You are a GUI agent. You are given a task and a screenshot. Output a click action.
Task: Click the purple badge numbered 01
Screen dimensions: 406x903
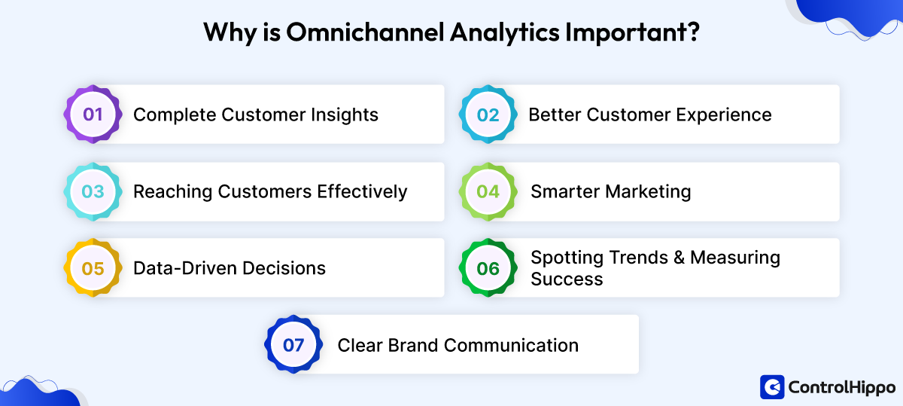click(x=93, y=114)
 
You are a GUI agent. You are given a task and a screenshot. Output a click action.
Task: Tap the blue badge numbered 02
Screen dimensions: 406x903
click(x=488, y=114)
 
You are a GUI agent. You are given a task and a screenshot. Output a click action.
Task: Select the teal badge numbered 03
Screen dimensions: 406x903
click(x=93, y=191)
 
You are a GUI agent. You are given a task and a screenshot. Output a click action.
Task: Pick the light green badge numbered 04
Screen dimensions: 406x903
click(x=488, y=191)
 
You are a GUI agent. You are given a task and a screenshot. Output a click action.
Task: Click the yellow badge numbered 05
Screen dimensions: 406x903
click(x=93, y=268)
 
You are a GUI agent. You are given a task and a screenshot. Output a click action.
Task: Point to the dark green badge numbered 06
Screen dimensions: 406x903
click(x=488, y=268)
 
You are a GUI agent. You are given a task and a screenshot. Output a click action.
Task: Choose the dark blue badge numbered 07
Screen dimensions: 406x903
click(x=293, y=345)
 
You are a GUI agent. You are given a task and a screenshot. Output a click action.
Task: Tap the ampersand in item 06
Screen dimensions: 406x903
click(x=676, y=258)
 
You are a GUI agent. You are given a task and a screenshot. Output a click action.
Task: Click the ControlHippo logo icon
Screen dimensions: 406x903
click(x=772, y=387)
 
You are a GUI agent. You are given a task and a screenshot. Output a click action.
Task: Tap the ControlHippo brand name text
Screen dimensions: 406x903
click(x=841, y=387)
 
